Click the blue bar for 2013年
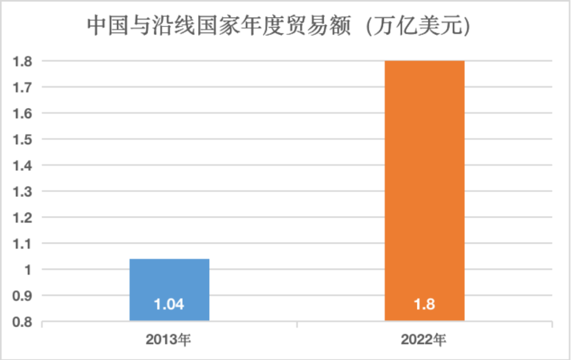click(x=169, y=281)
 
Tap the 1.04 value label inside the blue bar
click(x=169, y=305)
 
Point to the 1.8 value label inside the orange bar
click(x=424, y=305)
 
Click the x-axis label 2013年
click(x=169, y=339)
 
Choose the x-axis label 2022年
click(x=424, y=339)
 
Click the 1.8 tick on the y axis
click(x=23, y=61)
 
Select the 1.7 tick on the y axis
click(x=23, y=87)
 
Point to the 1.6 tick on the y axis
click(x=23, y=113)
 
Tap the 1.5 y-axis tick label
click(x=23, y=139)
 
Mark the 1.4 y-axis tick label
click(x=23, y=166)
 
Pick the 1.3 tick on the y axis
click(x=23, y=192)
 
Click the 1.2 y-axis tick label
click(x=23, y=218)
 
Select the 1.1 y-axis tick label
click(x=23, y=244)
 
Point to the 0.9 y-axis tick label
click(x=23, y=296)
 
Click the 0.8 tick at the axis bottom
click(x=23, y=321)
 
